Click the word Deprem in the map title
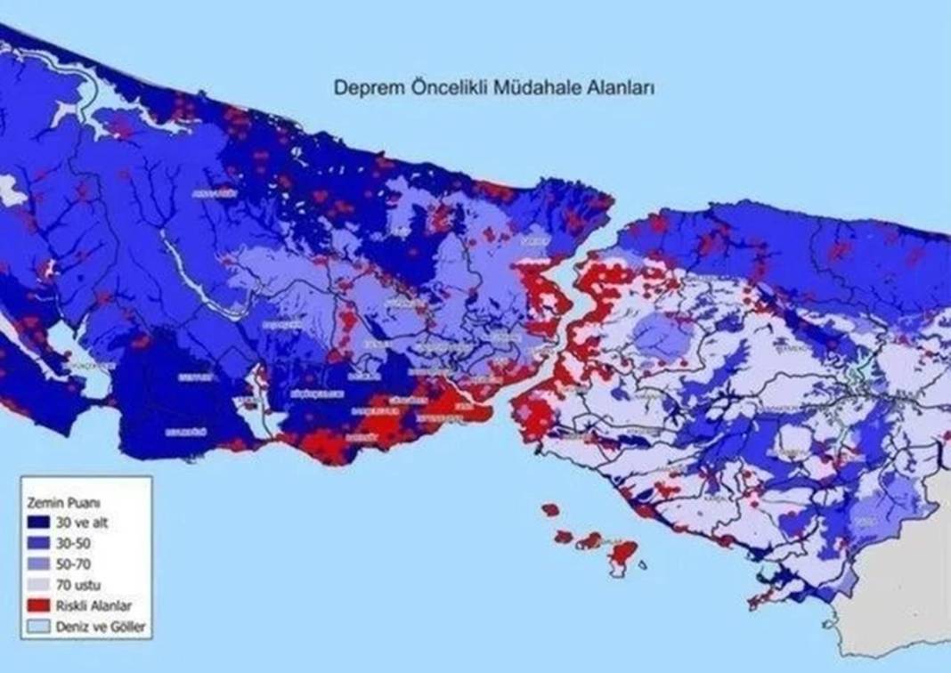364,88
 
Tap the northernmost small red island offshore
551,510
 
